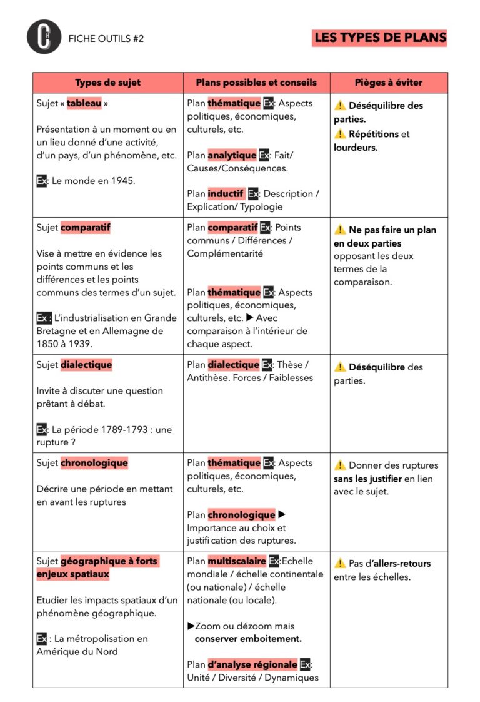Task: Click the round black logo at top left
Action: pos(44,37)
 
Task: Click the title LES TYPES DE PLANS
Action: pos(380,38)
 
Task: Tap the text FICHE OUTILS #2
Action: pos(106,38)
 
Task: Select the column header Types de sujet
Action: pos(107,83)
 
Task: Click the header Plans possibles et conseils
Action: pos(256,83)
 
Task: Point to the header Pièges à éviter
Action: pos(388,83)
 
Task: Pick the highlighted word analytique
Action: pos(232,155)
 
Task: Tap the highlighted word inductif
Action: pos(226,194)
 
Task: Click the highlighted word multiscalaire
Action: pos(236,561)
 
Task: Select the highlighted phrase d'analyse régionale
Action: pos(252,664)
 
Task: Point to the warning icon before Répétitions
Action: pos(340,134)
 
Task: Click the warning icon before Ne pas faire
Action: pos(340,230)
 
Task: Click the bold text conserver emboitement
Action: pos(248,639)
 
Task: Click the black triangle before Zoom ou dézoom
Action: pos(191,626)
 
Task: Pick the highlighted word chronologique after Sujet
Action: pos(94,464)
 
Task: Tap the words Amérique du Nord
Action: pos(77,651)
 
